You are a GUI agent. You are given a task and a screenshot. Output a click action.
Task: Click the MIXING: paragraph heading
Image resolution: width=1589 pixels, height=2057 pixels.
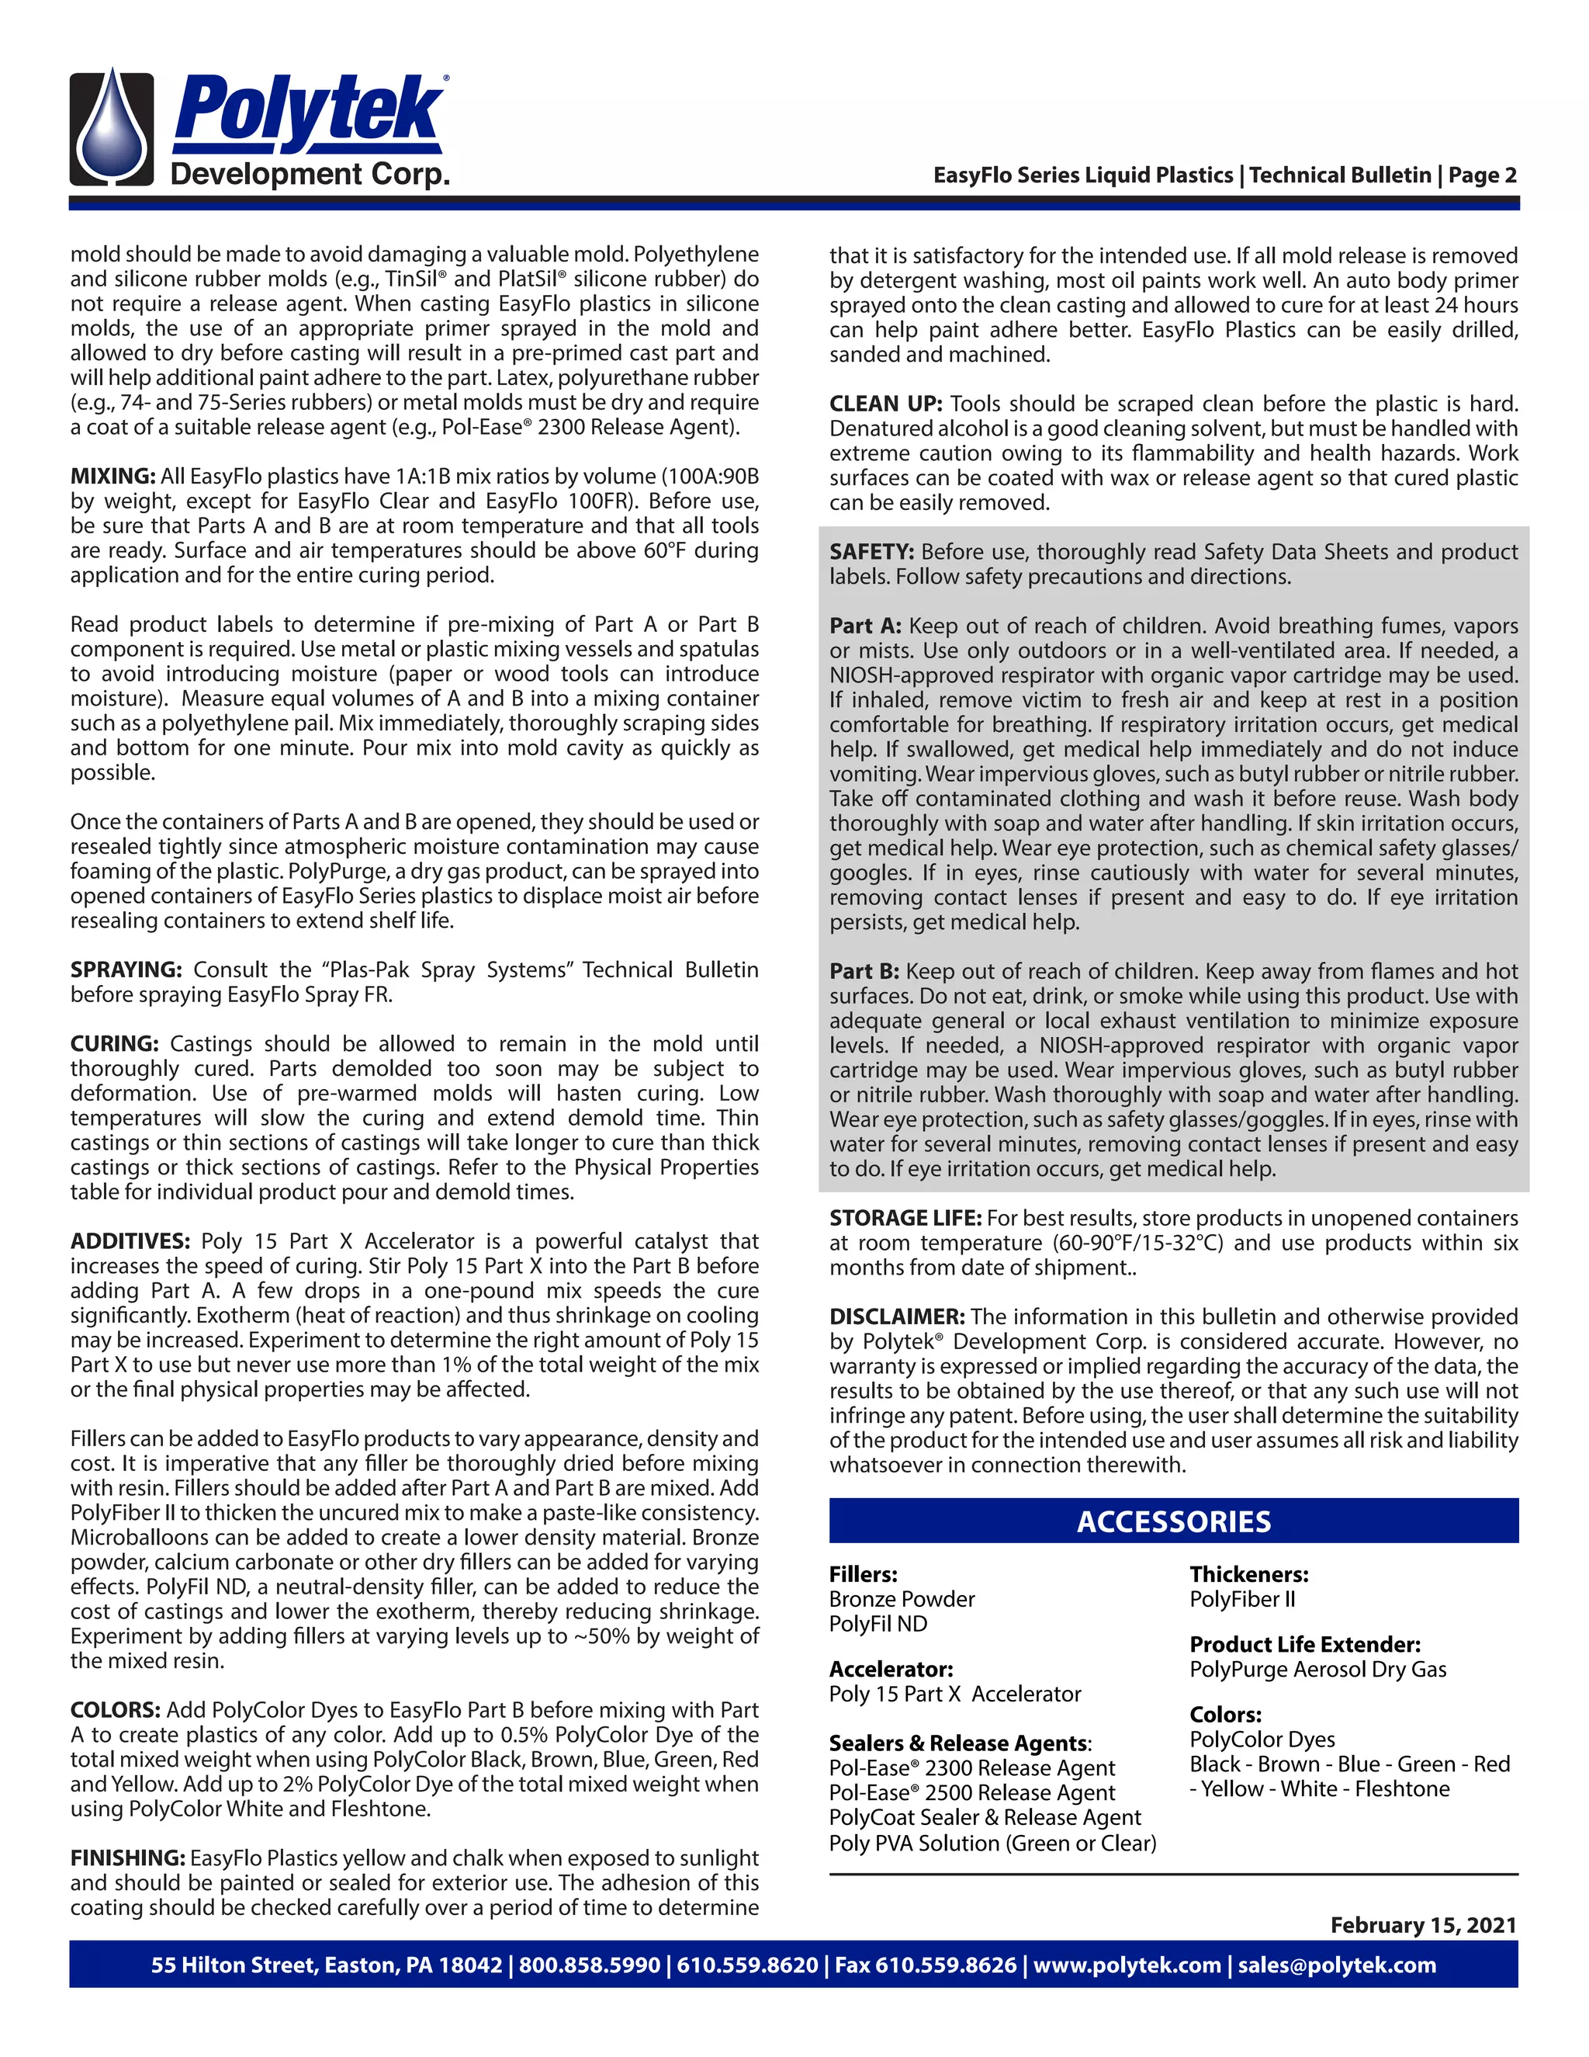[112, 476]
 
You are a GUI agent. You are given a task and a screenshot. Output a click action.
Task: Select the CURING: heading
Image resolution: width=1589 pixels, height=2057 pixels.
[114, 1043]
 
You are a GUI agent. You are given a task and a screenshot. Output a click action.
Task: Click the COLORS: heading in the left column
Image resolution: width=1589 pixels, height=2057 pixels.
[116, 1709]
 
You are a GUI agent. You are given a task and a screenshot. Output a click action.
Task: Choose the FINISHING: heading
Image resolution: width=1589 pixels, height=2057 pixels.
[128, 1858]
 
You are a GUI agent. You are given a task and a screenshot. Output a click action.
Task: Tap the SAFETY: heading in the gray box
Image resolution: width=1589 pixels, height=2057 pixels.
[871, 551]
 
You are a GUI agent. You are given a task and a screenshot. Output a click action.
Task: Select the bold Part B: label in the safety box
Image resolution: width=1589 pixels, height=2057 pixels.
[864, 971]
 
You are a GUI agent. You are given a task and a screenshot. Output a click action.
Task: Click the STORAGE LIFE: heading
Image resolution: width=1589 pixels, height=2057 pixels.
[905, 1218]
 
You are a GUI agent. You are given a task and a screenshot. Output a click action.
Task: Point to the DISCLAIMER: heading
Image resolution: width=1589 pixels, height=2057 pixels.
[896, 1316]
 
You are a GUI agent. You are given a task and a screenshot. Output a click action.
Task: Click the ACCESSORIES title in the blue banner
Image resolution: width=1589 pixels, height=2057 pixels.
[1173, 1521]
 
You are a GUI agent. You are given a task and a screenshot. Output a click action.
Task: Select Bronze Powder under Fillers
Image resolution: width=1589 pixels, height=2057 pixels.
[901, 1598]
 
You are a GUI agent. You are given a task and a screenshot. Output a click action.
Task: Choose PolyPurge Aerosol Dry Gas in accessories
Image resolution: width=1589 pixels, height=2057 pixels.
[1317, 1669]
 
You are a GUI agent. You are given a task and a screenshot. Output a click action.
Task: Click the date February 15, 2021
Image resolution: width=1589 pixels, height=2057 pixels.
[1422, 1924]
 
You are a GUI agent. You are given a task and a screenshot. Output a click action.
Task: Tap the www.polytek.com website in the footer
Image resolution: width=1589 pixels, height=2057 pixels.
[1127, 1965]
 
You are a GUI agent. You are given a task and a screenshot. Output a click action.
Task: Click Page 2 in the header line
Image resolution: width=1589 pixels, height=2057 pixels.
[1482, 175]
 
